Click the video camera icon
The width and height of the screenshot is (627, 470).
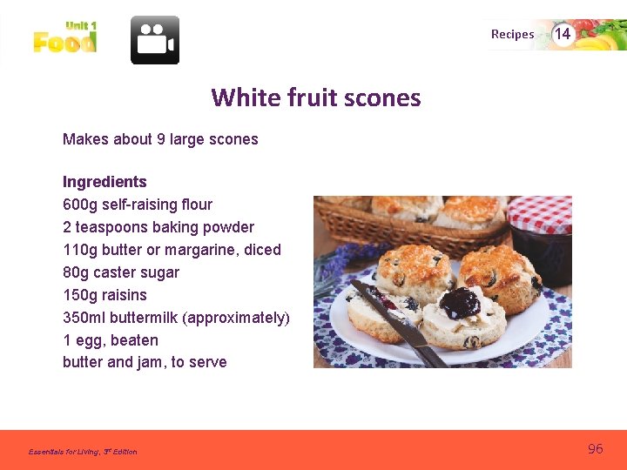(x=155, y=40)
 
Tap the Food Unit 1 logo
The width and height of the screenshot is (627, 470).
(x=65, y=38)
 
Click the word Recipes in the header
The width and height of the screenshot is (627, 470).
(x=512, y=35)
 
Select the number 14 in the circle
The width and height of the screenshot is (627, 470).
(x=563, y=34)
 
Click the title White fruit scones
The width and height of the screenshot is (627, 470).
(x=315, y=97)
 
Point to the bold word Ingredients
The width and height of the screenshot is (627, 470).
(x=104, y=182)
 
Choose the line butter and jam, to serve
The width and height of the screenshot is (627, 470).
(x=145, y=362)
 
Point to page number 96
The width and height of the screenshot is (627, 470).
(x=596, y=449)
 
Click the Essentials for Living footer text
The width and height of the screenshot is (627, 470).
(x=83, y=452)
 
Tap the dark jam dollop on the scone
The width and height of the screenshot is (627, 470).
(x=460, y=303)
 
